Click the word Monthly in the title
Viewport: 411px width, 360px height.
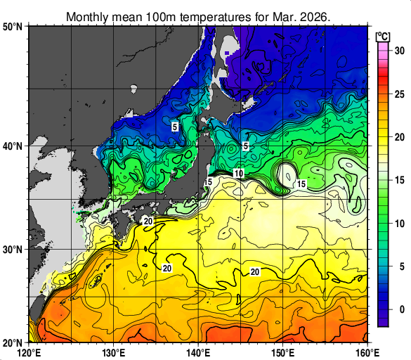click(x=88, y=16)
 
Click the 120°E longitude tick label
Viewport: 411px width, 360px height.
click(x=30, y=352)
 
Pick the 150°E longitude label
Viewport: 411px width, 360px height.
click(x=282, y=352)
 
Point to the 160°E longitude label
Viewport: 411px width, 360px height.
click(x=367, y=352)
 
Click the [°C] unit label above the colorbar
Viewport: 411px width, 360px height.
click(x=383, y=36)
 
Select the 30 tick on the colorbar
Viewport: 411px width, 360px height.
click(x=398, y=51)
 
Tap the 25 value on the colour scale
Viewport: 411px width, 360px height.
click(x=398, y=94)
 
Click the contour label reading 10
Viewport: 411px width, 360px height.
click(x=239, y=174)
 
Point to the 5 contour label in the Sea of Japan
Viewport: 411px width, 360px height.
click(x=174, y=127)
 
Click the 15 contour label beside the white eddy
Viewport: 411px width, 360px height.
click(x=301, y=184)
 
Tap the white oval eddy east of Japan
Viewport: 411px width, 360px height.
click(x=287, y=173)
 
